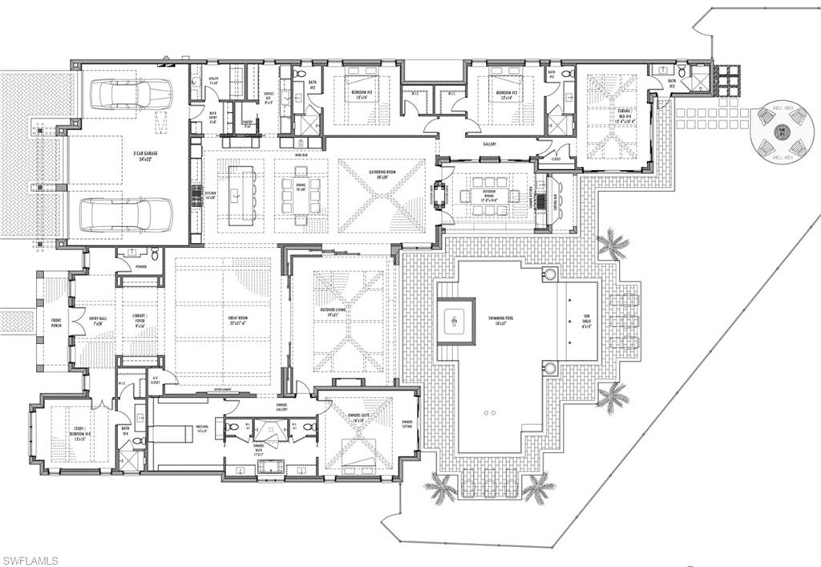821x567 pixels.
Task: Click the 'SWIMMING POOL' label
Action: (x=499, y=318)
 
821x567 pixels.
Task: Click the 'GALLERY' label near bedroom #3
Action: (x=490, y=144)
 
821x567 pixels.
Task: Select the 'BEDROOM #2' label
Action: (x=360, y=93)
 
